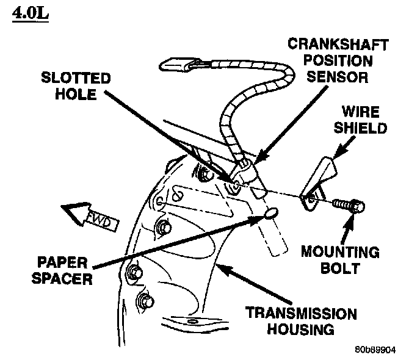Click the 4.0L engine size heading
pyautogui.click(x=29, y=13)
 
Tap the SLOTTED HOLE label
pyautogui.click(x=76, y=87)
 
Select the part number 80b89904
pyautogui.click(x=375, y=350)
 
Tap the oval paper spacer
pyautogui.click(x=270, y=214)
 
